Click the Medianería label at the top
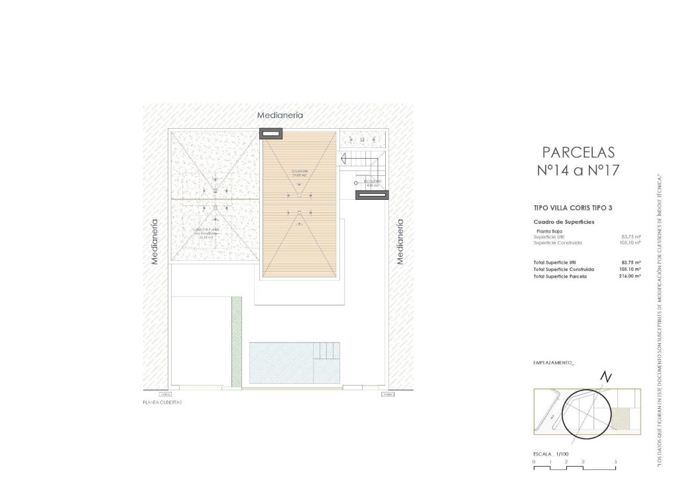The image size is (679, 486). pos(280,115)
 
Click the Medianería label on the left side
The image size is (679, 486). pos(155,242)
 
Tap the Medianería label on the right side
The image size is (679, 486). pos(400,242)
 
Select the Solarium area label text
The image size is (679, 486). pos(300,173)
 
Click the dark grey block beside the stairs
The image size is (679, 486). pos(367,195)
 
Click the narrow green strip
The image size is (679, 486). pos(236,341)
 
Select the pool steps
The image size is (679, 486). pos(326,351)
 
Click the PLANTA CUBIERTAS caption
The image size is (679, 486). pos(162,402)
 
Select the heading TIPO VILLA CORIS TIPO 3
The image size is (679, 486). pos(572,208)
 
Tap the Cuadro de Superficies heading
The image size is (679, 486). pos(564,221)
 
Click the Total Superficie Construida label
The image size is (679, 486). pos(563,269)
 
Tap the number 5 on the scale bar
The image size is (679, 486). pos(616,461)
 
